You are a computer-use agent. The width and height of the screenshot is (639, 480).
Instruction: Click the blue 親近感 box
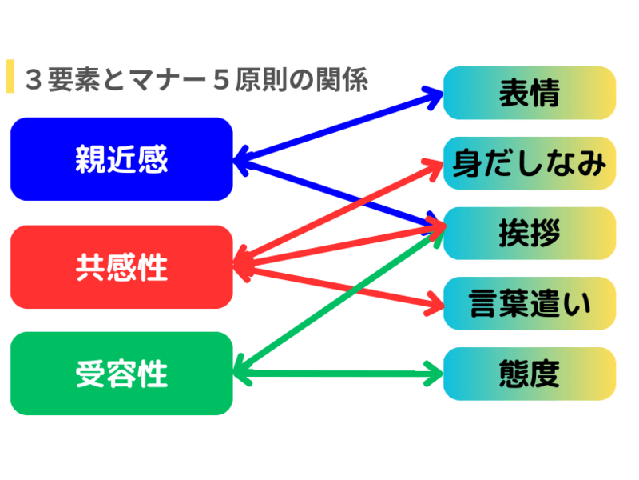point(121,158)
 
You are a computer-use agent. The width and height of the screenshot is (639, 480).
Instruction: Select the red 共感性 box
point(121,266)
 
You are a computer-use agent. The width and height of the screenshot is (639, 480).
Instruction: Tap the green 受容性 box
point(121,373)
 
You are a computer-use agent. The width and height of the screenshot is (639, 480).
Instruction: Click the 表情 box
point(529,93)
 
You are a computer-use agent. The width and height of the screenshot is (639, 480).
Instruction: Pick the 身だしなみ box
point(529,163)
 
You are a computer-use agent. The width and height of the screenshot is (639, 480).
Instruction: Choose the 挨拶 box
point(529,233)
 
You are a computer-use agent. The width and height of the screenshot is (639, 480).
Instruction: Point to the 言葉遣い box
point(529,303)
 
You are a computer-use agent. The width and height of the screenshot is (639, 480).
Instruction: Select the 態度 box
point(529,373)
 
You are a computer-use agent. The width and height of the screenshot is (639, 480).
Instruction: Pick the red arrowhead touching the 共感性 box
point(241,264)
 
